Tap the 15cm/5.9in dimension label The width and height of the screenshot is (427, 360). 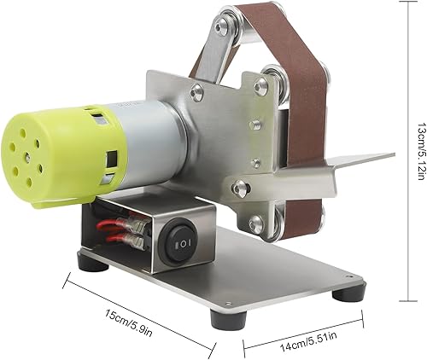[x=129, y=322]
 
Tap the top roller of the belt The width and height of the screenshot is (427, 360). [x=228, y=27]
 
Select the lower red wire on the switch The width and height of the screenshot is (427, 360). [x=114, y=239]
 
